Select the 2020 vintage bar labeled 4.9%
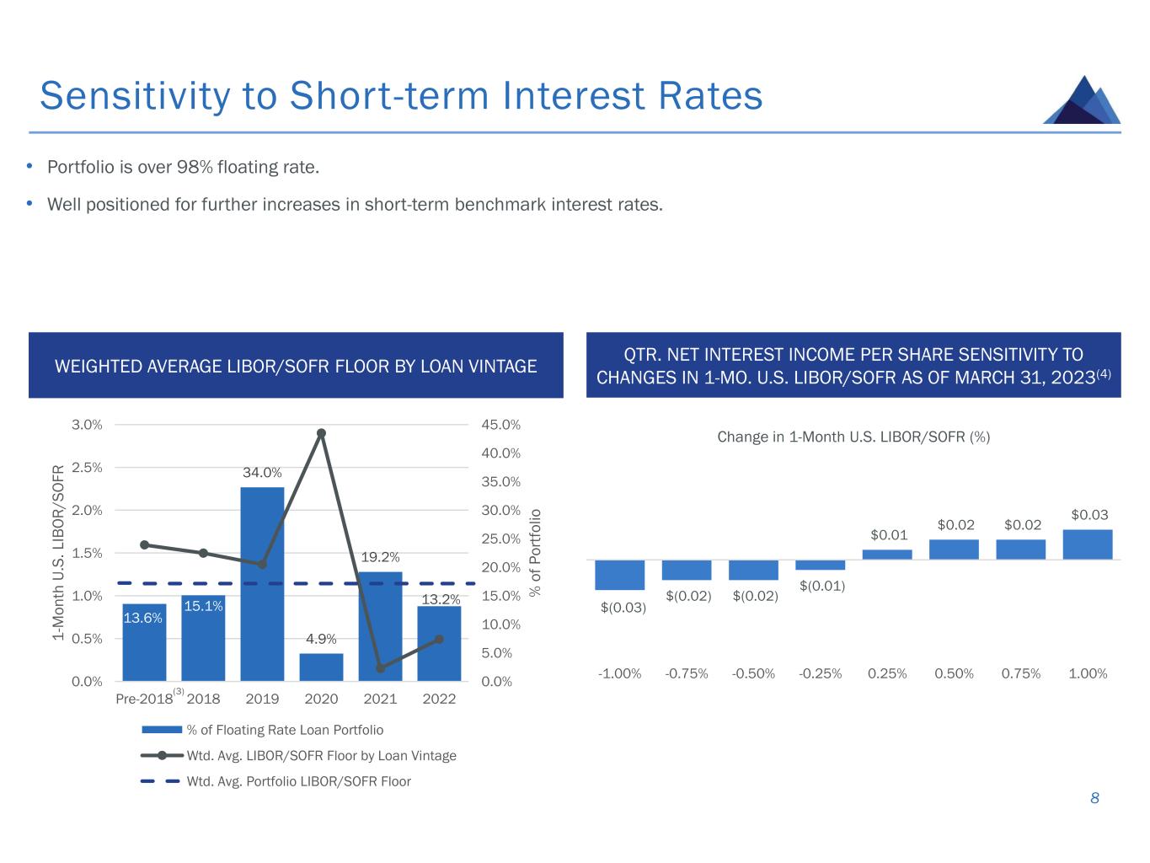click(321, 667)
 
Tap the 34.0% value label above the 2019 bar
click(262, 473)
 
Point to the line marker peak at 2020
click(322, 433)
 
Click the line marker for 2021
click(381, 668)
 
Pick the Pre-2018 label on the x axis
click(144, 699)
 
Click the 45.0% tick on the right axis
click(501, 425)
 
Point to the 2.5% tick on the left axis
click(87, 468)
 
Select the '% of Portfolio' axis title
click(534, 553)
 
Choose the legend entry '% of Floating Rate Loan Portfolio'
click(263, 730)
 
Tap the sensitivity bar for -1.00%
click(620, 575)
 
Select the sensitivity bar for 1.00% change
click(1088, 544)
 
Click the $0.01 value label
click(889, 535)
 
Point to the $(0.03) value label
click(623, 608)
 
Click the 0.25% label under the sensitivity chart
click(887, 673)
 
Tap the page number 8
click(1094, 798)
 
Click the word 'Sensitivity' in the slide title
click(135, 96)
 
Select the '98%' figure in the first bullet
click(195, 167)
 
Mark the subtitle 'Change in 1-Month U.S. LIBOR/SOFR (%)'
click(853, 437)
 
